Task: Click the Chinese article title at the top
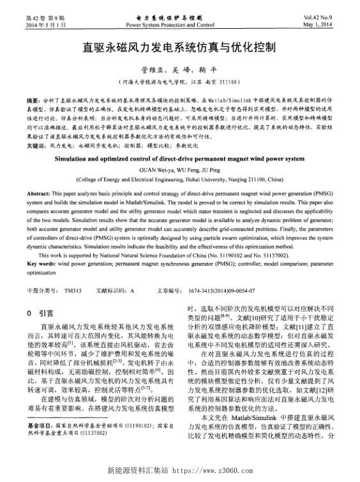[179, 47]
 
